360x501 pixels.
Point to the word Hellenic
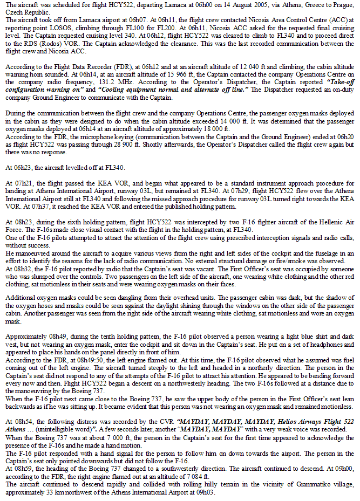(328, 221)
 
